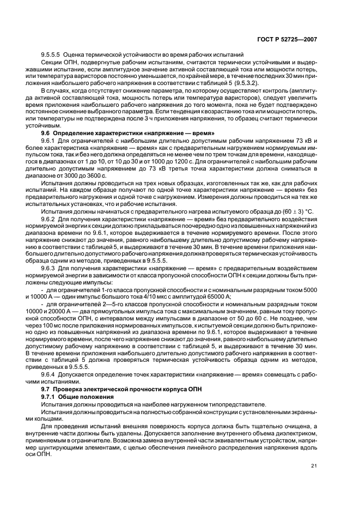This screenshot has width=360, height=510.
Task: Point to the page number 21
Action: click(314, 465)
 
